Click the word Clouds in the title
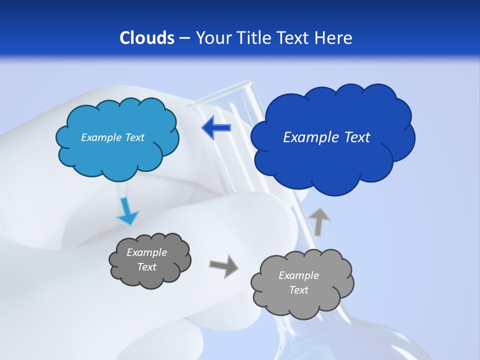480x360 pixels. click(x=146, y=38)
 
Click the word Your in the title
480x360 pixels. click(x=212, y=38)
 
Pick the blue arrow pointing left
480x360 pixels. click(x=216, y=128)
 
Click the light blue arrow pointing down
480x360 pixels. click(x=127, y=211)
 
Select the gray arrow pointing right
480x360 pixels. click(x=223, y=266)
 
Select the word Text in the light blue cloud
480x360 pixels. click(x=134, y=137)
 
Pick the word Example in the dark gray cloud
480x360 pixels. click(x=146, y=252)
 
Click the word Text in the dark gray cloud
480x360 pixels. click(x=146, y=267)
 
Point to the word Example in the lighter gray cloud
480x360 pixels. click(x=298, y=275)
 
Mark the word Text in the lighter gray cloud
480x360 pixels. click(x=298, y=290)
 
